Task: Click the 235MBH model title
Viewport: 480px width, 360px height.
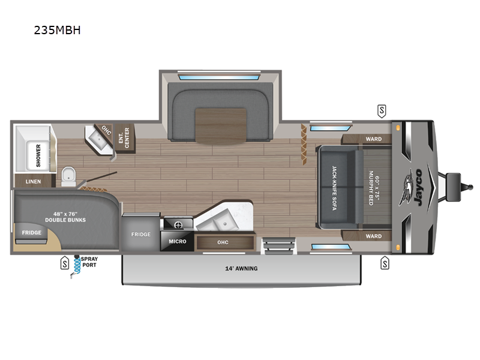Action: (57, 30)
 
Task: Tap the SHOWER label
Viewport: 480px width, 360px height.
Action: (38, 155)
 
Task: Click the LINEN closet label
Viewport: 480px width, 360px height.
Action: (33, 182)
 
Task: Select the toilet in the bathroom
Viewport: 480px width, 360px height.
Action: (68, 176)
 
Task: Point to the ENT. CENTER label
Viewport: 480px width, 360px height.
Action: (124, 138)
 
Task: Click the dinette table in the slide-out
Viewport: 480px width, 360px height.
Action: (221, 126)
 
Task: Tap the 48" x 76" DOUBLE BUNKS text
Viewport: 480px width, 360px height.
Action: (65, 217)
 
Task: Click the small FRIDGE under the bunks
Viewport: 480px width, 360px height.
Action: (32, 233)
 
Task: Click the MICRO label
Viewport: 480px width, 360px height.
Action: (178, 241)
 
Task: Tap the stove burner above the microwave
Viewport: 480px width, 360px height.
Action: (178, 226)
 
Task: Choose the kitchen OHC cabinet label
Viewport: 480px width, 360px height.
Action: (223, 242)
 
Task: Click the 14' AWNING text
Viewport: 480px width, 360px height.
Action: (241, 268)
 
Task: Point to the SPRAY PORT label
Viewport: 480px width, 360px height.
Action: (89, 262)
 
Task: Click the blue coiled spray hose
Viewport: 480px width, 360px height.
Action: (77, 266)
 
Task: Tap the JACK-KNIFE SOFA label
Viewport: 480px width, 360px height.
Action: (334, 188)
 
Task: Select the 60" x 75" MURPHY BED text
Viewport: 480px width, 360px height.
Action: (374, 188)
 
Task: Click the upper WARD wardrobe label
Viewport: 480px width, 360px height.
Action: (373, 139)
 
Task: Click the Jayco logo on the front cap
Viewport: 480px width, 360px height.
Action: (412, 187)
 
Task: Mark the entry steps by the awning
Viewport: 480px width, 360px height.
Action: (278, 245)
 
